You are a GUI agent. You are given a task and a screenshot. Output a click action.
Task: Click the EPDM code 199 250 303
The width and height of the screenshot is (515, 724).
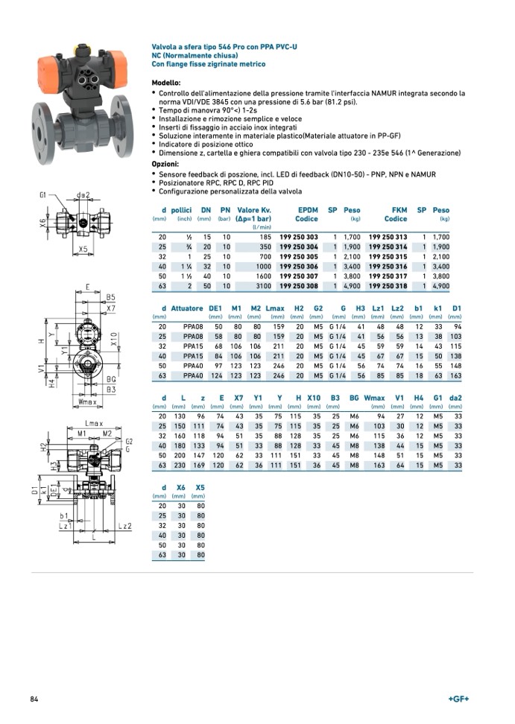pyautogui.click(x=298, y=237)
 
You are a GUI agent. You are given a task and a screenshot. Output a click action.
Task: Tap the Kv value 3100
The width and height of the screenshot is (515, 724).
pyautogui.click(x=263, y=285)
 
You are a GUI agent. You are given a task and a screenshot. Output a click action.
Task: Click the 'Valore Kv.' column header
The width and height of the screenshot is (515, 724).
pyautogui.click(x=253, y=210)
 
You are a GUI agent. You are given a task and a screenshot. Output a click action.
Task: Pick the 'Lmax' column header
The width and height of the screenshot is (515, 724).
pyautogui.click(x=275, y=308)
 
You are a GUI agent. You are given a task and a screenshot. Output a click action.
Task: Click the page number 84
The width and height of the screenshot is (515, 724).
pyautogui.click(x=34, y=699)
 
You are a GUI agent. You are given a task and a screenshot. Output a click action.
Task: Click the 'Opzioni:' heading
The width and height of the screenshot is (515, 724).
pyautogui.click(x=165, y=163)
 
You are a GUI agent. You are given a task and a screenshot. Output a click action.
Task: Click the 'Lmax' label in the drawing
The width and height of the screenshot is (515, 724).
pyautogui.click(x=92, y=423)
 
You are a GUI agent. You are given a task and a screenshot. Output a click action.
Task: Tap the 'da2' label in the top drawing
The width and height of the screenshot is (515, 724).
pyautogui.click(x=83, y=196)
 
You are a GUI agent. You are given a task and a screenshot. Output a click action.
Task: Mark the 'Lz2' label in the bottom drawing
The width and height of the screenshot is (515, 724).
pyautogui.click(x=124, y=526)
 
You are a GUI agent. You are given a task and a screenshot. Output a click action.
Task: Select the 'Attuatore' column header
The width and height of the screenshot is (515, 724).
pyautogui.click(x=187, y=308)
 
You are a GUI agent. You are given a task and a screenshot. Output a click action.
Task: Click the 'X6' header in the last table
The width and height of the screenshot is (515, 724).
pyautogui.click(x=180, y=487)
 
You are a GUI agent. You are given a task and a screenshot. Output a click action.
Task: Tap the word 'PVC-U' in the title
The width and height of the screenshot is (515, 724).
pyautogui.click(x=284, y=47)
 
